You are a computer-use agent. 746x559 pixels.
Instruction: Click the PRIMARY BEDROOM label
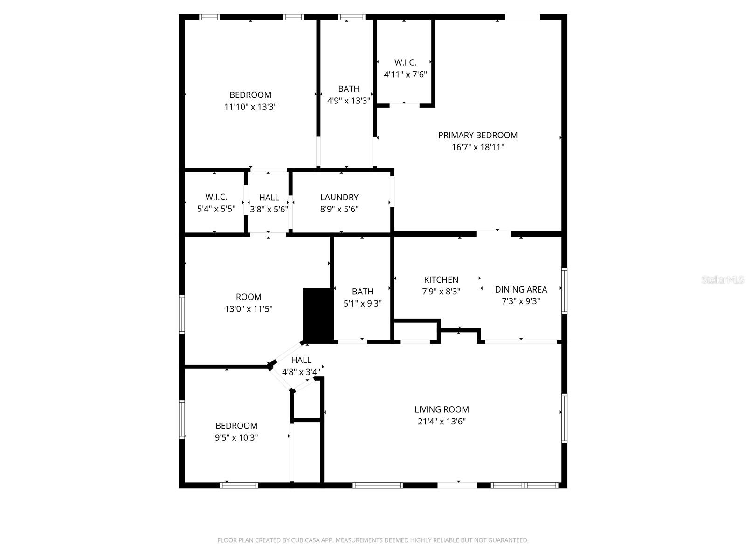[x=477, y=135]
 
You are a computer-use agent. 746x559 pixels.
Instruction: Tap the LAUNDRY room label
[x=339, y=197]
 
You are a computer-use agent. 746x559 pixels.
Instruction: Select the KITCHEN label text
[x=441, y=279]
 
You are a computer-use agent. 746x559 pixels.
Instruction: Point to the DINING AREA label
[x=521, y=289]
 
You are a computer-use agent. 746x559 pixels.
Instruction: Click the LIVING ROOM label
[x=442, y=409]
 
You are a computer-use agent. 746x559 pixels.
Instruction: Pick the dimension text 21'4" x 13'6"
[x=442, y=422]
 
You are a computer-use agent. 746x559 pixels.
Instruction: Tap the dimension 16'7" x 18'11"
[x=477, y=147]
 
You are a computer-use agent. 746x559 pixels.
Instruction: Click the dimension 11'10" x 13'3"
[x=250, y=107]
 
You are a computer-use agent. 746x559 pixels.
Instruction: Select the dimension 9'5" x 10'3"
[x=236, y=437]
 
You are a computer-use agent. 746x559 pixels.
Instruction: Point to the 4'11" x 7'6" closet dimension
[x=405, y=74]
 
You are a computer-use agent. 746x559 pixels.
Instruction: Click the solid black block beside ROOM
[x=318, y=314]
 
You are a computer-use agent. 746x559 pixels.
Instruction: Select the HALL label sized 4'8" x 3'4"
[x=301, y=360]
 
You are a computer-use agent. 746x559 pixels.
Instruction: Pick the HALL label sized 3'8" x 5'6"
[x=269, y=197]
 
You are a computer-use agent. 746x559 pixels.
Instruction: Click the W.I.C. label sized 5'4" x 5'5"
[x=216, y=197]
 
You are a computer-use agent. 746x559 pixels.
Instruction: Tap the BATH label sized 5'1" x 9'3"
[x=362, y=292]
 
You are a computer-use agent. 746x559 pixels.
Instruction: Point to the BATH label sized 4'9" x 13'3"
[x=349, y=89]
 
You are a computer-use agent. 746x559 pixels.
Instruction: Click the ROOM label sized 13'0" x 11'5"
[x=249, y=297]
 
